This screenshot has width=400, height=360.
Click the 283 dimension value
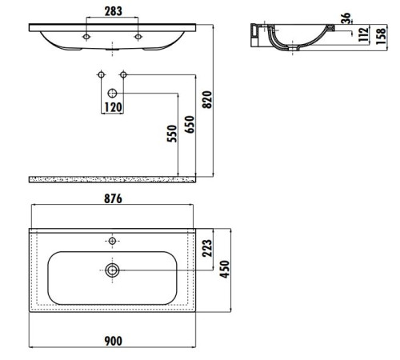click(112, 13)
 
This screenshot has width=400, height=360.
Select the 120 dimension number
click(112, 107)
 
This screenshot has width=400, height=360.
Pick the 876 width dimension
click(113, 199)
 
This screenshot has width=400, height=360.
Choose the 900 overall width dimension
click(113, 342)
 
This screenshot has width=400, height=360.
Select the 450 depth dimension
click(226, 270)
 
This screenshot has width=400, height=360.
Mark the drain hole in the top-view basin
click(113, 271)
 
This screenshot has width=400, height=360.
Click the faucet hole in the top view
click(113, 241)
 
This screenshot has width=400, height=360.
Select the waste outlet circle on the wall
click(112, 94)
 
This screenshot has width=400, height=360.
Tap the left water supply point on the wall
click(101, 75)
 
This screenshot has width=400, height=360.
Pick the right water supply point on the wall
click(123, 75)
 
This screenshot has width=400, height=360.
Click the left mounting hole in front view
click(86, 37)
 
